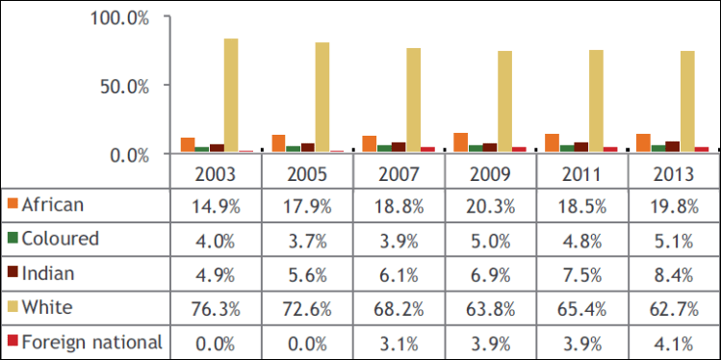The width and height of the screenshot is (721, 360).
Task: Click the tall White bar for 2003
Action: pos(231,95)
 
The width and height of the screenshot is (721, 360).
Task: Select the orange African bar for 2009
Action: pos(461,142)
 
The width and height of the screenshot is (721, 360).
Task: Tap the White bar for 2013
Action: pos(687,101)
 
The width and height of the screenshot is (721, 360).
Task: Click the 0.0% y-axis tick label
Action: pos(128,154)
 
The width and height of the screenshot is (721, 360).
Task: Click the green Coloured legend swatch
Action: pos(12,238)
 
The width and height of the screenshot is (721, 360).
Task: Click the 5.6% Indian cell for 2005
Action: pos(307,272)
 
